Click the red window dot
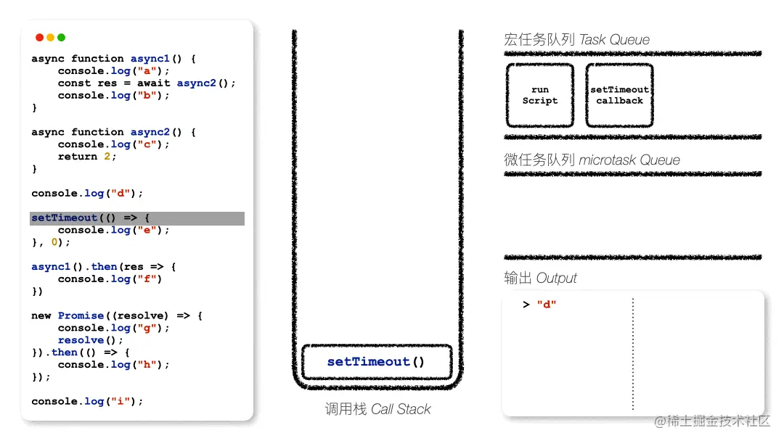(39, 38)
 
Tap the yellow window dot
(51, 38)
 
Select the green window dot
(62, 38)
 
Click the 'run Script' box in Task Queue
(540, 95)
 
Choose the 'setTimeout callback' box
(619, 95)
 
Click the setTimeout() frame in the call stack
(377, 362)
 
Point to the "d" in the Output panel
(547, 305)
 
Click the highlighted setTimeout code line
(137, 218)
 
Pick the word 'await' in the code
(153, 83)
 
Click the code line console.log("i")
(87, 401)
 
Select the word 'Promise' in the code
(81, 316)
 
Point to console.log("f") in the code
(110, 279)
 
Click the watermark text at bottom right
(712, 421)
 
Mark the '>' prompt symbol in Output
(526, 305)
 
